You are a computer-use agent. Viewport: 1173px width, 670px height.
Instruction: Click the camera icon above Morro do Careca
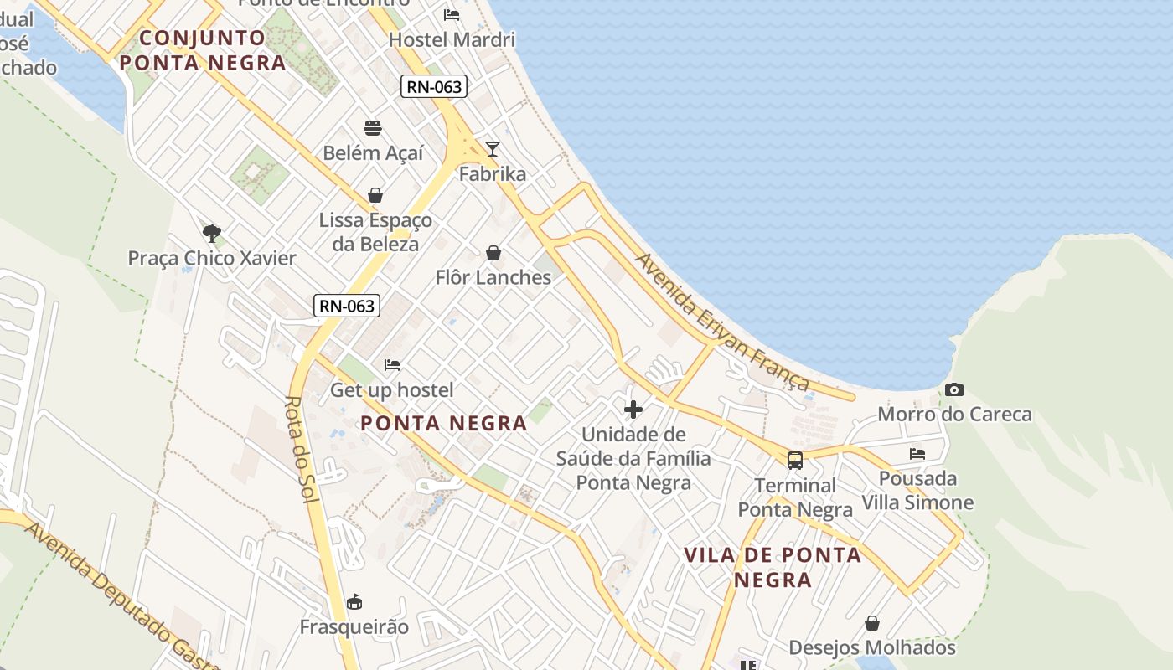pos(953,390)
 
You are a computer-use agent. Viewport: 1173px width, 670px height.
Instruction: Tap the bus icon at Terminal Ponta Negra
pos(794,460)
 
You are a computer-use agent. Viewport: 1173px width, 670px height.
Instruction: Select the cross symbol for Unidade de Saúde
pos(633,410)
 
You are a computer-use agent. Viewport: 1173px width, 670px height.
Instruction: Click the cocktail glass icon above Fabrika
pos(493,149)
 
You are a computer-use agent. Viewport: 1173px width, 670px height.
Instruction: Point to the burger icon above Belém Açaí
pos(373,128)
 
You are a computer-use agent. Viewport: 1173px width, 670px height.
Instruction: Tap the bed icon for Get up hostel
pos(391,365)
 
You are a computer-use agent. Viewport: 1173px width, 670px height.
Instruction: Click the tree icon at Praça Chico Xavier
pos(211,233)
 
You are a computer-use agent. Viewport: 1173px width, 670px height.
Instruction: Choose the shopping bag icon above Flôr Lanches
pos(493,253)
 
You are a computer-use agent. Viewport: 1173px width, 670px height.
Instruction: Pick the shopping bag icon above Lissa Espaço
pos(375,195)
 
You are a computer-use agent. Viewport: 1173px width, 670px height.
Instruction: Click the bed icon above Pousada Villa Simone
pos(917,454)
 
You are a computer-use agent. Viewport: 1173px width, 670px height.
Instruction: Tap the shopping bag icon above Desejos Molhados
pos(872,623)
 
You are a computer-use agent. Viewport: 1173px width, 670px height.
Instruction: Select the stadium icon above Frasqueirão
pos(354,601)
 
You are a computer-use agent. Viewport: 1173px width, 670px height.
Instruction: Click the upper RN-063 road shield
pos(433,85)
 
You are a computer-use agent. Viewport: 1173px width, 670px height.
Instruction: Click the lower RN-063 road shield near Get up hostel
pos(347,306)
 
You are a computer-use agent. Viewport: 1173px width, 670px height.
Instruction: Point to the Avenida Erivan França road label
pos(722,322)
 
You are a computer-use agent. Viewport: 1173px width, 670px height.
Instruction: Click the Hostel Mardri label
pos(452,39)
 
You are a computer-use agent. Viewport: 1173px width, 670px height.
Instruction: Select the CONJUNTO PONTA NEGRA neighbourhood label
pos(203,50)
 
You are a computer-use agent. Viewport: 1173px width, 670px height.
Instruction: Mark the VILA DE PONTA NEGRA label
pos(773,567)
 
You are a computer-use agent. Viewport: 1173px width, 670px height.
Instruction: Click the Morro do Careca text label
pos(954,415)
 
